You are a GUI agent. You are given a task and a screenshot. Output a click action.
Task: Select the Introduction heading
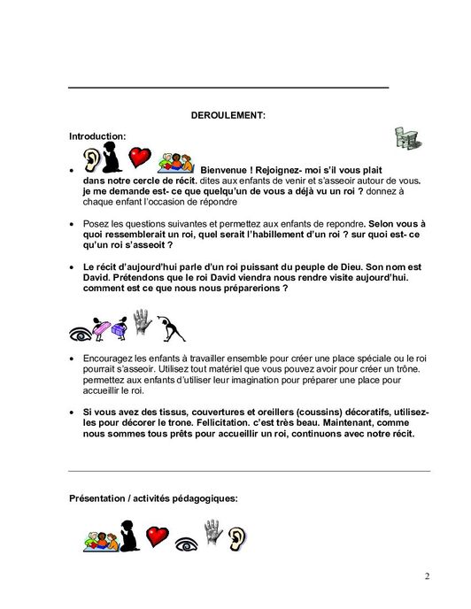(x=97, y=136)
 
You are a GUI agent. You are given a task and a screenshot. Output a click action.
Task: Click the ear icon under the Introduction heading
(x=91, y=159)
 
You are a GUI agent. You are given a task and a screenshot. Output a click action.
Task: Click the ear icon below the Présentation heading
(x=241, y=535)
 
